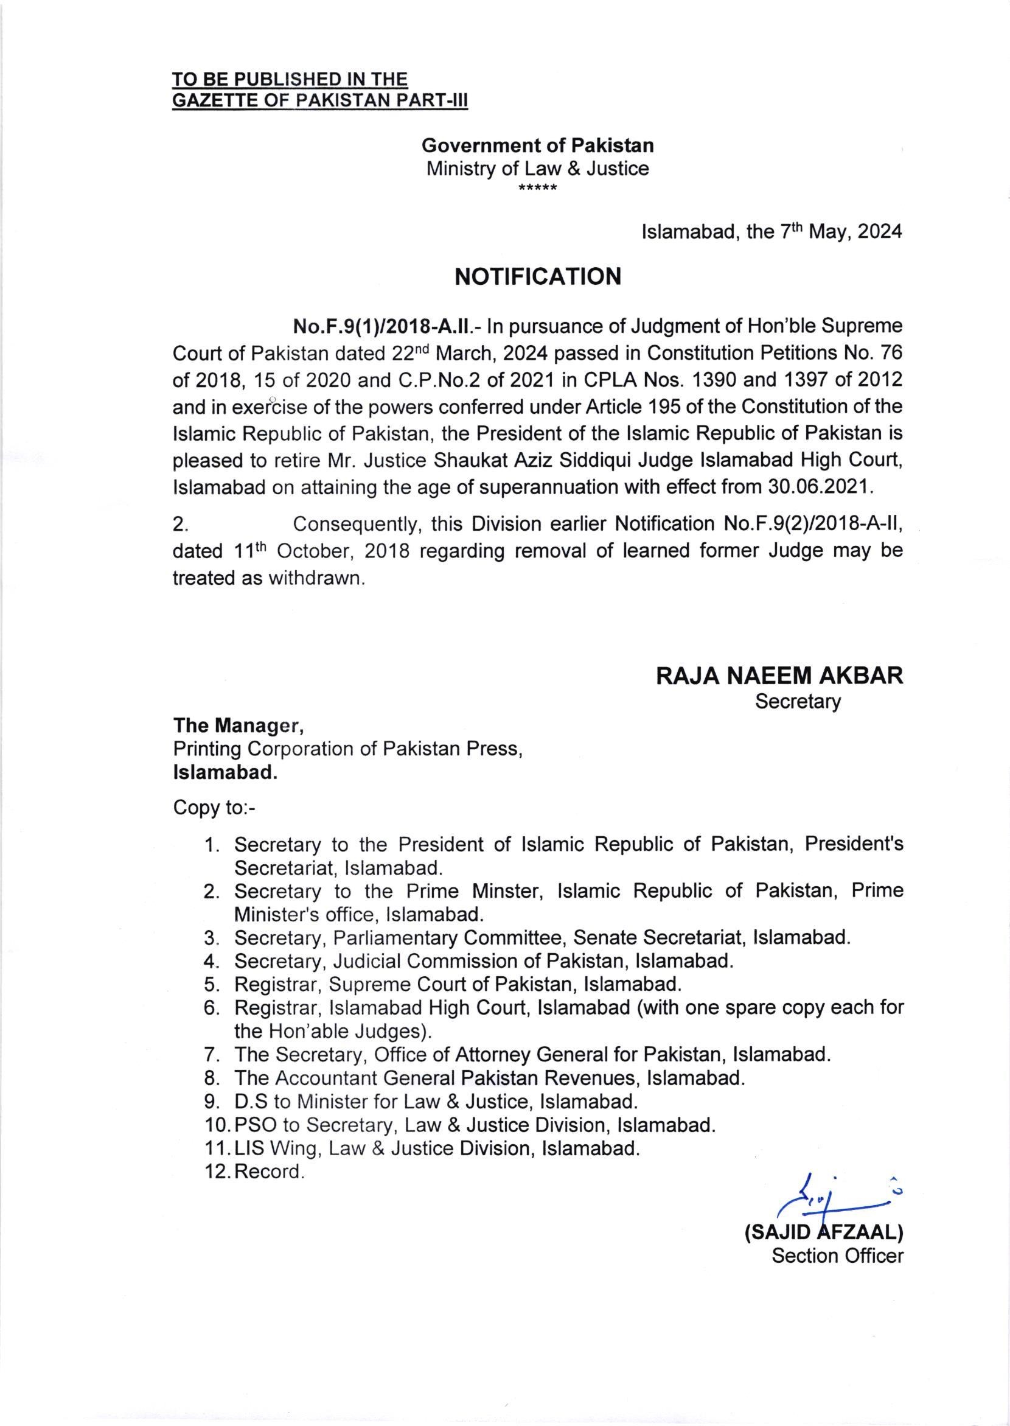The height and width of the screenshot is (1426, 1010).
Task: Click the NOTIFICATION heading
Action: coord(538,276)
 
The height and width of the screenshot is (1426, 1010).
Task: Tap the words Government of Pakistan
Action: coord(537,145)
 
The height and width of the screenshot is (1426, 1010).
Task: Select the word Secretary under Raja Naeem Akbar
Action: coord(797,702)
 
